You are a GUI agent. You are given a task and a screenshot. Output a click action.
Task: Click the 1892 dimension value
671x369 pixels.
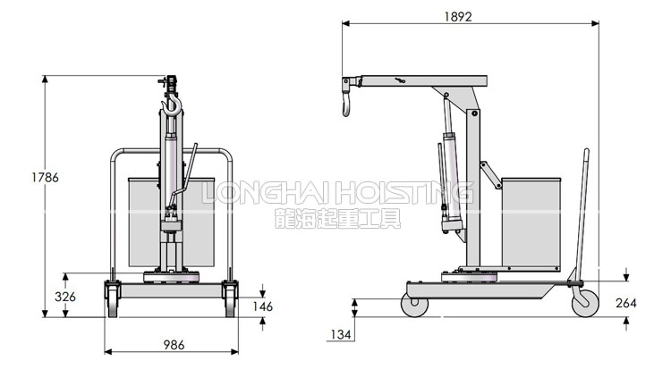coord(458,16)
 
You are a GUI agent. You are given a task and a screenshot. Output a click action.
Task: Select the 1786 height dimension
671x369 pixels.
coord(45,177)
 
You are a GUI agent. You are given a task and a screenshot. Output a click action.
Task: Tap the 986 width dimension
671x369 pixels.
coord(174,345)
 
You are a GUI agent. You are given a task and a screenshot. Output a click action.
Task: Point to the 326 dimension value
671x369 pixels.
coord(65,297)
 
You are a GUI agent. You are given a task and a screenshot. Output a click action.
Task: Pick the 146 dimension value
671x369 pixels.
coord(262,306)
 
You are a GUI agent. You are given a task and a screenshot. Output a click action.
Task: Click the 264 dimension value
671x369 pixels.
coord(626,303)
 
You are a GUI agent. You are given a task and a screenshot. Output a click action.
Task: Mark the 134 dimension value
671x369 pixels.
coord(341,334)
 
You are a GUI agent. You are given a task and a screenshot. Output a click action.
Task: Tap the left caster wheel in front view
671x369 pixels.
coord(113,299)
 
